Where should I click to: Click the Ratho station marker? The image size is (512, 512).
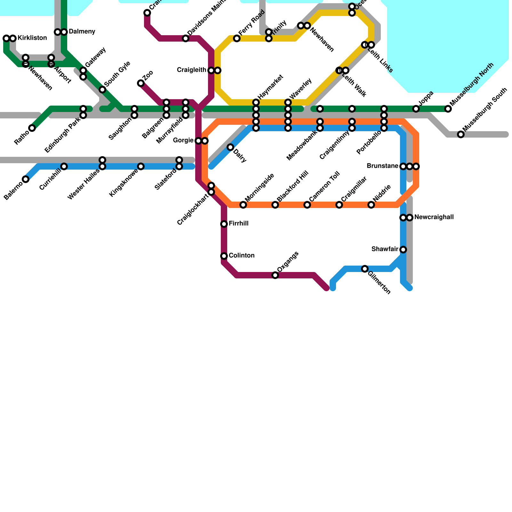coord(32,128)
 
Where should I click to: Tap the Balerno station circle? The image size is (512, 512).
coord(26,179)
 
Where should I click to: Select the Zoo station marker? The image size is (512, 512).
coord(141,83)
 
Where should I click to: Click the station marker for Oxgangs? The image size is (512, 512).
coord(275,275)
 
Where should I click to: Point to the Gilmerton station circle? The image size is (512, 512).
coord(365,269)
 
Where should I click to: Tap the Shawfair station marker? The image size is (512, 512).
coord(403,250)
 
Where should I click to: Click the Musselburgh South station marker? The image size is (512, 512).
coord(461,134)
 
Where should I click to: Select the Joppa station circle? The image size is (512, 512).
coord(416,109)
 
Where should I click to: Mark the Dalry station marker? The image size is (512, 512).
coord(230,147)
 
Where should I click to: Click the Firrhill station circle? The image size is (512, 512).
coord(224,224)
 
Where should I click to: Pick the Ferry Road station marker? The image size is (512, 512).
coord(237,38)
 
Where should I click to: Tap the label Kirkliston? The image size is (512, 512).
coord(32,38)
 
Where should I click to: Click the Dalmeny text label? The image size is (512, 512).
coord(82,32)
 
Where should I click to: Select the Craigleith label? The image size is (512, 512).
coord(191,70)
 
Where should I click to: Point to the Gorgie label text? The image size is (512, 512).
coord(183,140)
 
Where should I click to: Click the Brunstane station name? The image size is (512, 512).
coord(382,166)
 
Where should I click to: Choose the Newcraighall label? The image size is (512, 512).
coord(434,217)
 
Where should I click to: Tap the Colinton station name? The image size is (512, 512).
coord(242,256)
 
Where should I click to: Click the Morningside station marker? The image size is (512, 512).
coord(243,205)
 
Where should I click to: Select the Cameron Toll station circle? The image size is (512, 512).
coord(307,205)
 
